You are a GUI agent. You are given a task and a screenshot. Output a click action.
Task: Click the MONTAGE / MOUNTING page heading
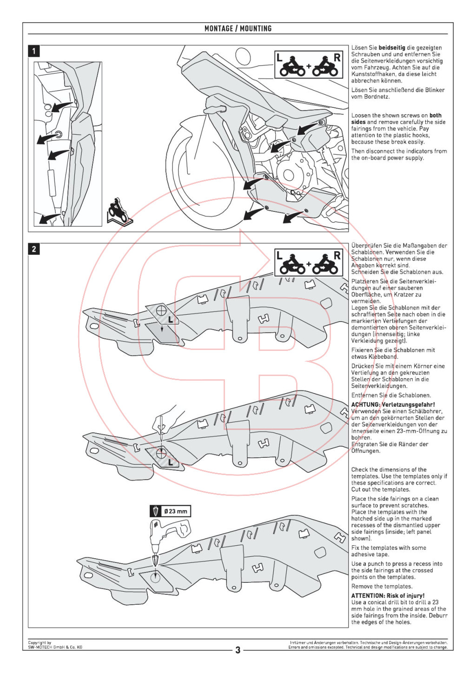[238, 28]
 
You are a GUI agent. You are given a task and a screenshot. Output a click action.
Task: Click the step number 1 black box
[34, 51]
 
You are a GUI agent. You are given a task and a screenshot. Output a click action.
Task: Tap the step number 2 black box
[34, 249]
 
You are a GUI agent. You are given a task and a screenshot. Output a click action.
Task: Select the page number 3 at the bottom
[238, 650]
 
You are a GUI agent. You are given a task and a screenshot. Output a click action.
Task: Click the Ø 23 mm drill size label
[176, 511]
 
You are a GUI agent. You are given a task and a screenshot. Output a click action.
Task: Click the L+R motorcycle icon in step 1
[308, 65]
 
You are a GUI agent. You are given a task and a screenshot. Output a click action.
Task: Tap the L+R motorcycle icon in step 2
[308, 263]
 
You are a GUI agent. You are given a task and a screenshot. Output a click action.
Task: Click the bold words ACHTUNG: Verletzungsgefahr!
[393, 404]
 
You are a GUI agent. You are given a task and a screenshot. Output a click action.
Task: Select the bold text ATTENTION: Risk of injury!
[388, 595]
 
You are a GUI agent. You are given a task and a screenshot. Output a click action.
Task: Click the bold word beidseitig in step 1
[392, 48]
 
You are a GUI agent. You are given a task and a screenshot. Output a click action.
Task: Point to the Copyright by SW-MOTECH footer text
[55, 645]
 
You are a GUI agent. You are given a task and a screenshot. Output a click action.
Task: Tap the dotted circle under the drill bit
[155, 577]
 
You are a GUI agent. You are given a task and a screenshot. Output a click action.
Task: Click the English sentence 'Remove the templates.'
[382, 586]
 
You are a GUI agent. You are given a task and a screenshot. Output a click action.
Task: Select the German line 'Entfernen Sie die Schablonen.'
[390, 395]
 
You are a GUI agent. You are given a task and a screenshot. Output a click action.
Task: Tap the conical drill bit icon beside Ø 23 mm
[156, 511]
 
